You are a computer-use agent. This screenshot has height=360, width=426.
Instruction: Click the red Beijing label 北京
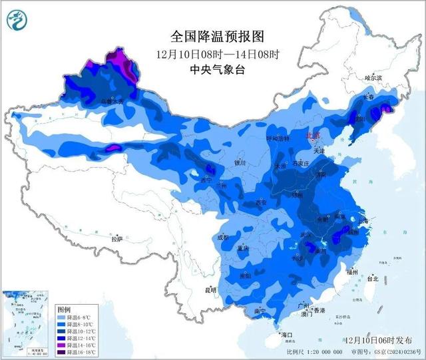312,136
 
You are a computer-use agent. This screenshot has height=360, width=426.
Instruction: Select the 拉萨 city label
117,238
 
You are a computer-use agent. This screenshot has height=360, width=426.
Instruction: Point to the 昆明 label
211,289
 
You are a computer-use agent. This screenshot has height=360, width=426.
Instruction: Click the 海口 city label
287,334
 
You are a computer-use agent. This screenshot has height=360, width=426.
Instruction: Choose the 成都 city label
222,236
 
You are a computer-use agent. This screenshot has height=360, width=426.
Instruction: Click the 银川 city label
240,162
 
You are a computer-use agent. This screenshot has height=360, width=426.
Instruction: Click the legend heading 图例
64,310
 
